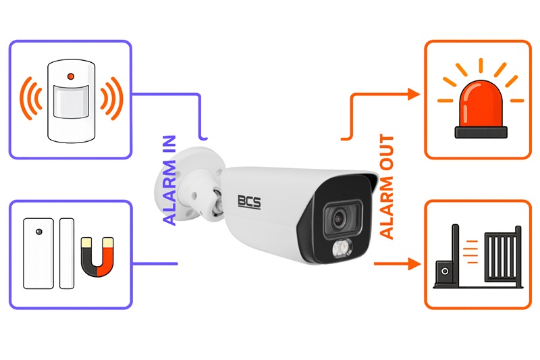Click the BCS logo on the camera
(249, 201)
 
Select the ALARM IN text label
(169, 180)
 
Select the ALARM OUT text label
(386, 186)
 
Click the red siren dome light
(481, 103)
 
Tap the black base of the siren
(481, 132)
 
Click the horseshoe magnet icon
(97, 257)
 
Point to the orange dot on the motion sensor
(71, 76)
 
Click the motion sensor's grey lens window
(71, 101)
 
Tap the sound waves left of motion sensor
(31, 98)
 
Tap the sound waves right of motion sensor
(111, 98)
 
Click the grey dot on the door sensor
(39, 232)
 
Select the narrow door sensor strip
(67, 253)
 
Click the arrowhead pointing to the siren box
(414, 94)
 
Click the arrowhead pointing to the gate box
(414, 264)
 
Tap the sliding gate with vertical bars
(503, 255)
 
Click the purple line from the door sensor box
(155, 264)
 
